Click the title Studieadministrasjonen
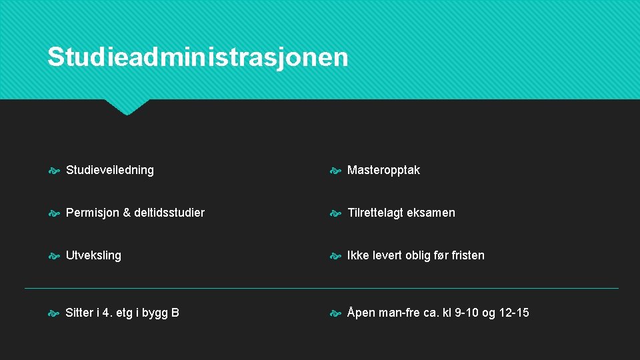click(x=198, y=57)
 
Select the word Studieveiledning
click(x=110, y=170)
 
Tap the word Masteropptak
click(x=384, y=170)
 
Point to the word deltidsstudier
click(x=169, y=213)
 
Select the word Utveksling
click(x=93, y=255)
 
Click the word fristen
click(x=468, y=255)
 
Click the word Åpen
click(x=361, y=313)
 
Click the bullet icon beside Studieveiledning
click(x=55, y=171)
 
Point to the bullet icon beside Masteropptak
click(x=337, y=171)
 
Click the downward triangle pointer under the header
click(x=127, y=107)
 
